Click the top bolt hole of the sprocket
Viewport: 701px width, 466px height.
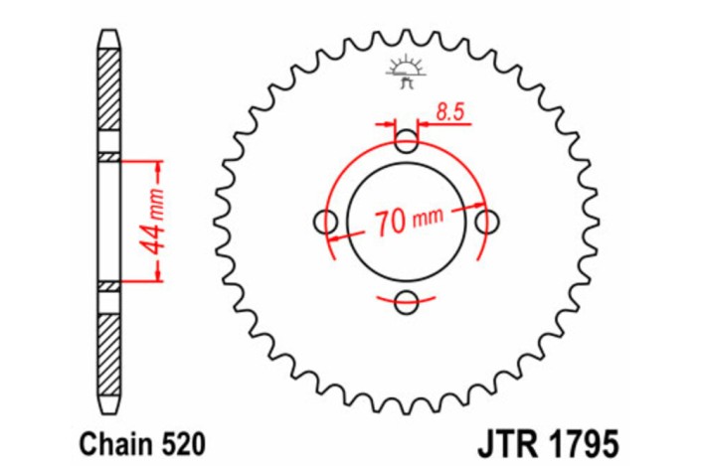[407, 141]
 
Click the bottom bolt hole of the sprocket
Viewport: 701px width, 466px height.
[407, 302]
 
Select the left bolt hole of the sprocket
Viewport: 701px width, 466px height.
[326, 223]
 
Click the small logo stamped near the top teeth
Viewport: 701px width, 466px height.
[405, 73]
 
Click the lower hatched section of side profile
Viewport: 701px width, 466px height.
[108, 348]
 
